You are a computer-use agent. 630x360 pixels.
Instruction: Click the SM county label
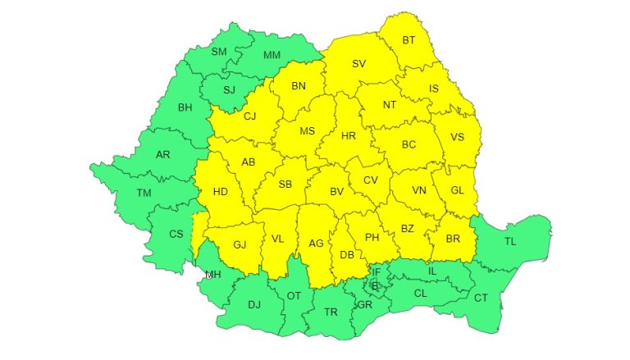coord(219,52)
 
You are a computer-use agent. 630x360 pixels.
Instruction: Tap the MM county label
coord(272,56)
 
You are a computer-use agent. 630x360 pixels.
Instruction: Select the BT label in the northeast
coord(409,39)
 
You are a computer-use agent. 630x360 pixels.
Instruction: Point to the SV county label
coord(358,63)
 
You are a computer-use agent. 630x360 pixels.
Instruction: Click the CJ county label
coord(250,116)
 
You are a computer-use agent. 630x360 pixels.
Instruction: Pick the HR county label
coord(348,135)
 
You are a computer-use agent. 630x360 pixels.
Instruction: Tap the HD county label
coord(220,192)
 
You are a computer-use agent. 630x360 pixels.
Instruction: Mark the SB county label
coord(285,185)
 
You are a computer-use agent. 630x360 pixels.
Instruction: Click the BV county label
coord(336,191)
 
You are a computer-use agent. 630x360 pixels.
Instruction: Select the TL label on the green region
coord(510,241)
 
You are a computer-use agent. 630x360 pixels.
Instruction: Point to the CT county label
coord(481,297)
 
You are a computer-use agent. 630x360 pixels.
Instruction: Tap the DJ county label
coord(253,305)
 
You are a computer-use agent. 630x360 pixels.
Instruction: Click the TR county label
coord(331,312)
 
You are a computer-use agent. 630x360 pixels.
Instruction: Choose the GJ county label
coord(240,244)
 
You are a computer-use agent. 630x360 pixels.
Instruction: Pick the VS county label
coord(458,137)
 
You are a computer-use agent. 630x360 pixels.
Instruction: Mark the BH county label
coord(185,107)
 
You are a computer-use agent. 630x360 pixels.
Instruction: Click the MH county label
coord(212,274)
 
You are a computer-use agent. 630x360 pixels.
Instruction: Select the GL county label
coord(457,190)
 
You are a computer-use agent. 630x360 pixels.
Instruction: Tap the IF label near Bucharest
coord(377,271)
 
